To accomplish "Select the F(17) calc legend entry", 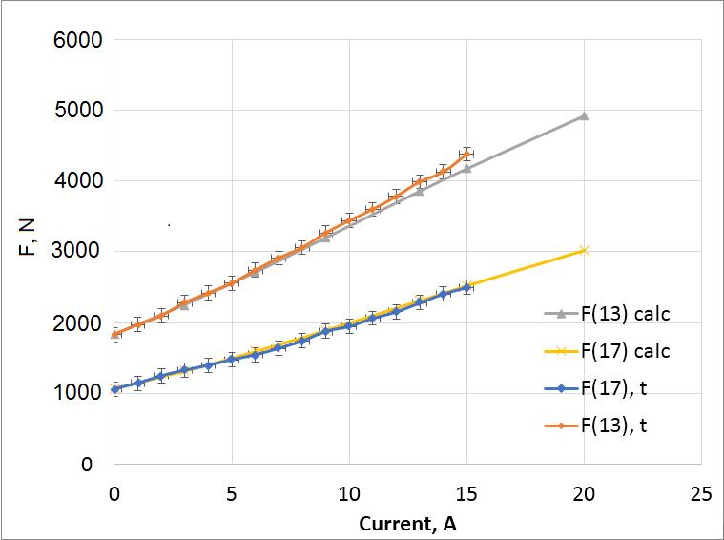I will coord(626,350).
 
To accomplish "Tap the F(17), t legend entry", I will coord(620,388).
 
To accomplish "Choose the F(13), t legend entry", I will coord(620,426).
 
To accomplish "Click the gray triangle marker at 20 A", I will coord(584,115).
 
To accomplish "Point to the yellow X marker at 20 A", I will coord(584,250).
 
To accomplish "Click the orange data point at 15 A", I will coord(466,153).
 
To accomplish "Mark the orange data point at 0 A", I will coord(114,334).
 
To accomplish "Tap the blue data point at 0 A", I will coord(114,388).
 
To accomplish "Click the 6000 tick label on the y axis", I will coord(79,41).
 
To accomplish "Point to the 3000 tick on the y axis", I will coord(79,252).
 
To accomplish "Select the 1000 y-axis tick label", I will coord(79,393).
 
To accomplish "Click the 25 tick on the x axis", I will coord(701,494).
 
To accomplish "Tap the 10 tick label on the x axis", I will coord(349,494).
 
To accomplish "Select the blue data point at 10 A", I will coord(349,325).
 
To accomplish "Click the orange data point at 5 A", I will coord(232,282).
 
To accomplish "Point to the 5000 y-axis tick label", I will coord(79,111).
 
